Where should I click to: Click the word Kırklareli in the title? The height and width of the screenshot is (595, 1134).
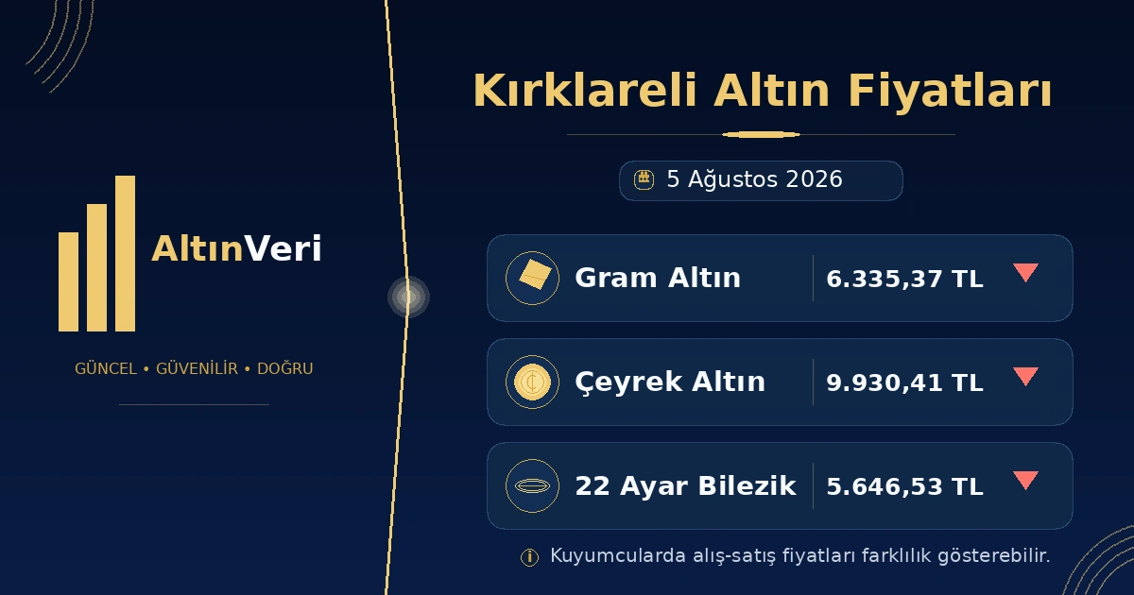[x=585, y=91]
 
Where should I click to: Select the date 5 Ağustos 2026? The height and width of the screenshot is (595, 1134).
[x=754, y=179]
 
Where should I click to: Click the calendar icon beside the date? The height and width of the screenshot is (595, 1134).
[x=644, y=180]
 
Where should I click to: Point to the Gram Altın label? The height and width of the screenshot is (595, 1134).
[x=658, y=278]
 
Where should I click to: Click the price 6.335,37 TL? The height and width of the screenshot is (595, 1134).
[x=904, y=279]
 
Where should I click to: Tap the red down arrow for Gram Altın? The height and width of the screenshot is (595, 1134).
[x=1025, y=272]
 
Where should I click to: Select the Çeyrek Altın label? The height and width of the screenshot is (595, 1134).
[x=670, y=382]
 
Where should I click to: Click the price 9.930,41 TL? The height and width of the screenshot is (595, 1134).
[x=904, y=382]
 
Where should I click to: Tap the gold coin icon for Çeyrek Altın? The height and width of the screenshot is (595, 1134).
[x=532, y=382]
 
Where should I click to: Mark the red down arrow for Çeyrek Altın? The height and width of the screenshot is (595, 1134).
[x=1025, y=377]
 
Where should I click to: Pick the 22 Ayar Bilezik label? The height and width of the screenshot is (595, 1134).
[x=685, y=485]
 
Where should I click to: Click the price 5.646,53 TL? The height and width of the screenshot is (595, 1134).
[x=904, y=486]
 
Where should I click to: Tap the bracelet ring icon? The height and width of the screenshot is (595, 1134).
[x=532, y=485]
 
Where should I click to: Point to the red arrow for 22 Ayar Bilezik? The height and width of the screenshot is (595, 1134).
[x=1025, y=480]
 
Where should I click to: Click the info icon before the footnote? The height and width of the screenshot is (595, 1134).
[x=529, y=557]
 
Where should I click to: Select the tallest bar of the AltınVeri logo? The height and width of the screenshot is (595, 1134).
[x=125, y=253]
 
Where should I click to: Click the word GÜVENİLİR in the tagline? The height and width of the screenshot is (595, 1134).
[x=197, y=367]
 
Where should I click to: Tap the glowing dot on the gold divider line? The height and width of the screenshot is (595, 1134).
[x=408, y=297]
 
